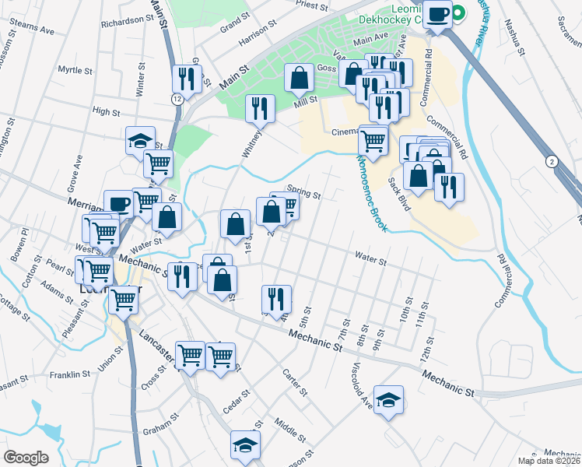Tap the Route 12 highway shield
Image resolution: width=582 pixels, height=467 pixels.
click(177, 99)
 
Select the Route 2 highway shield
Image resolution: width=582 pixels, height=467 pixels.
click(552, 161)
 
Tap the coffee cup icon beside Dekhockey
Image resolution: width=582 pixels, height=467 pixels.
click(438, 14)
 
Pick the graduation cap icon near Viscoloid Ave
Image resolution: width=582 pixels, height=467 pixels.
click(388, 400)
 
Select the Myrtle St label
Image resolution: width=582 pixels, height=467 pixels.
click(75, 70)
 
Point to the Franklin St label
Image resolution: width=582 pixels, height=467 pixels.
click(70, 374)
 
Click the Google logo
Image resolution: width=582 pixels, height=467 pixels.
click(26, 457)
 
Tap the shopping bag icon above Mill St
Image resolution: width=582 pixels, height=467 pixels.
click(300, 78)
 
